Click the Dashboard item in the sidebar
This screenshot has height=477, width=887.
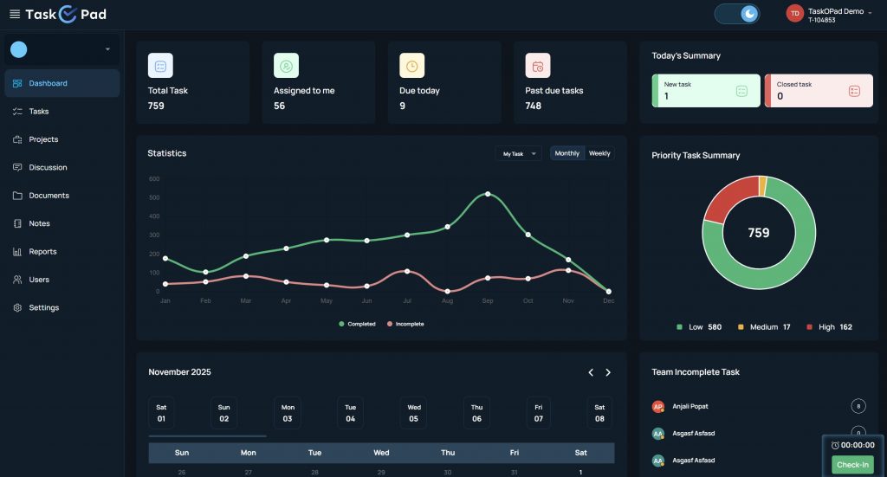pos(48,84)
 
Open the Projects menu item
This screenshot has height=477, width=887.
pos(43,139)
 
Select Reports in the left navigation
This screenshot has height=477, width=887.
pos(42,252)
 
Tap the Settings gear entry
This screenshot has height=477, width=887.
pos(43,308)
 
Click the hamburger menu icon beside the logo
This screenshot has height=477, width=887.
pos(15,14)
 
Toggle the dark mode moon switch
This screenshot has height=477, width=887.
pos(737,14)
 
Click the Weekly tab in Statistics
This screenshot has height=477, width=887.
pos(599,154)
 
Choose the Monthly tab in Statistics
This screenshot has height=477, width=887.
pos(567,154)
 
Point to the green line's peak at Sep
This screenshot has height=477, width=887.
pos(488,193)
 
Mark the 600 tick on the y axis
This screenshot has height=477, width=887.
pos(153,179)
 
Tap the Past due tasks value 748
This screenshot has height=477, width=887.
pos(534,106)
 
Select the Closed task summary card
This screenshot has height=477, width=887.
pos(818,91)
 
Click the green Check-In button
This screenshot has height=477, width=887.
pos(852,465)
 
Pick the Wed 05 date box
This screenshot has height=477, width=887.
pos(414,413)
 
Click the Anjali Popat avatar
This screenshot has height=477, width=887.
pos(658,406)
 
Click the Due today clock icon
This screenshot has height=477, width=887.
pos(411,66)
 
